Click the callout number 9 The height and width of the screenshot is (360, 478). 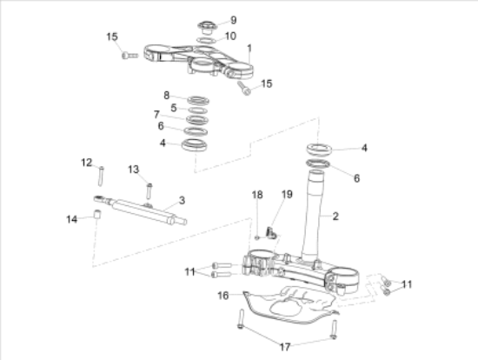(x=232, y=19)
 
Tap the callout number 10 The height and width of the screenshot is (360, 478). (x=230, y=36)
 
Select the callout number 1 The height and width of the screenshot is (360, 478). (x=249, y=47)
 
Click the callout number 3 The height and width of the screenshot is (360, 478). (x=182, y=200)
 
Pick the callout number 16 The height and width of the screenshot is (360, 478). (x=223, y=296)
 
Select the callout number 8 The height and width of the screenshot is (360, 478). (x=167, y=95)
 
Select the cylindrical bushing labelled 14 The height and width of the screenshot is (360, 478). (x=98, y=214)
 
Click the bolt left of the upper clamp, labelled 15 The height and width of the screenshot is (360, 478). (x=130, y=55)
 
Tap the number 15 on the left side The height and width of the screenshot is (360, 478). (x=111, y=37)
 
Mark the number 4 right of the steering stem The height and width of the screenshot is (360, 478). (x=364, y=148)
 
